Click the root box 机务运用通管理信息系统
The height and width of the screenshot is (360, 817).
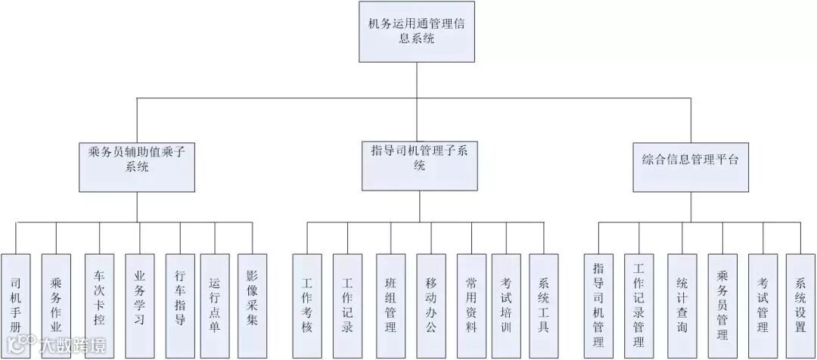(417, 32)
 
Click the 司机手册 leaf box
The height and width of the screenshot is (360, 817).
(16, 303)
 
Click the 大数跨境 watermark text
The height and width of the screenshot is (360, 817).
(72, 347)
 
